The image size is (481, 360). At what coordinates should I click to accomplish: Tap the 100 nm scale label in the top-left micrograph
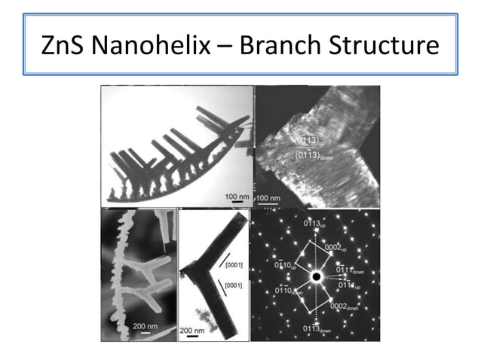237,197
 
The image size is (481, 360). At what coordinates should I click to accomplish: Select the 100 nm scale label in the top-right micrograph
271,197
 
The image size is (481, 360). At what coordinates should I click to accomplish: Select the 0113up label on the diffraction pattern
317,224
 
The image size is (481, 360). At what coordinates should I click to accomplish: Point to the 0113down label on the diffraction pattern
317,330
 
